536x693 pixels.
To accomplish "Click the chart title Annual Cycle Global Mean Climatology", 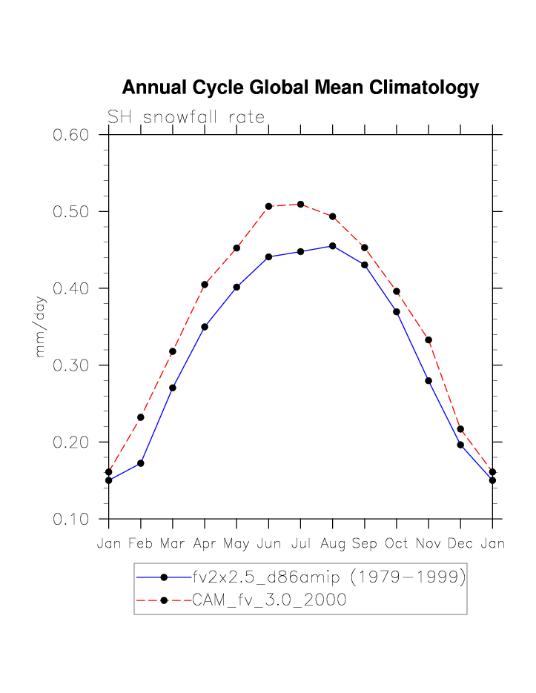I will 300,88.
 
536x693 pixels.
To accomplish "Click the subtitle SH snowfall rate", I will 186,117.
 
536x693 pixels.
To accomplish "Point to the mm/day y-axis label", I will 41,327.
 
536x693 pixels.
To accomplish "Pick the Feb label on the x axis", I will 141,544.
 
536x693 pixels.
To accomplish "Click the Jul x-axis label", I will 300,544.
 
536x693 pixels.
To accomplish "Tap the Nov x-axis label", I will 429,544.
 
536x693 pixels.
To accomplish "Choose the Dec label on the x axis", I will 460,544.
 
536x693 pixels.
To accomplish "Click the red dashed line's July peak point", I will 300,205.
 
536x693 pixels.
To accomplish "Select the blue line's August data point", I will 332,246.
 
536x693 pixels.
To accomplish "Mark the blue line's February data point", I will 141,463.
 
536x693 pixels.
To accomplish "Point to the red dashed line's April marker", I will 205,285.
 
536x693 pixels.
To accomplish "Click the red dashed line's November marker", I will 429,340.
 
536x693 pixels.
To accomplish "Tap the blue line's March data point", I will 173,388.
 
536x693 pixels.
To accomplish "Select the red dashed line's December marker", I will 460,429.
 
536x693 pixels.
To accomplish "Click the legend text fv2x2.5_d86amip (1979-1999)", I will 328,577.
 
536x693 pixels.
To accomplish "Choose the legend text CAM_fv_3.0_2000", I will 269,600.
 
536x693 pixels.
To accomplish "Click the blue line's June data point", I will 268,257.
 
